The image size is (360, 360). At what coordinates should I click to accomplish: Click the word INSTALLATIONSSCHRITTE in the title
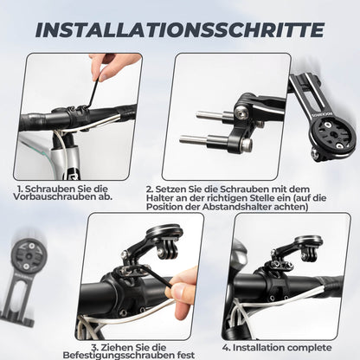click(x=180, y=29)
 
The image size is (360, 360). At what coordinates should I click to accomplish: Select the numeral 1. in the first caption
click(x=20, y=187)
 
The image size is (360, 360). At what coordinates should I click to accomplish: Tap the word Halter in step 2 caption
click(x=164, y=197)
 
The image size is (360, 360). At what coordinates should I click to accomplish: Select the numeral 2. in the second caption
click(x=150, y=187)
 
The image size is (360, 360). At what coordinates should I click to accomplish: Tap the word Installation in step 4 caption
click(x=257, y=347)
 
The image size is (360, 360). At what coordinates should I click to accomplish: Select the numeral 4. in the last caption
click(x=227, y=347)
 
